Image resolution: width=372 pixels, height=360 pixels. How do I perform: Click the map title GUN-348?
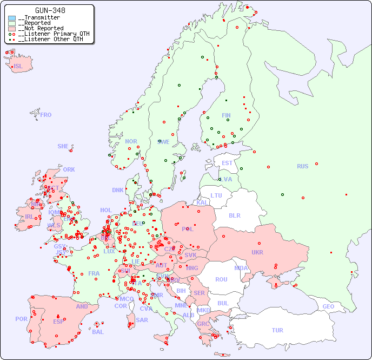pos(50,11)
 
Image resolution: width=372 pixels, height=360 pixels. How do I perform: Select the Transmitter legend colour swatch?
pos(12,18)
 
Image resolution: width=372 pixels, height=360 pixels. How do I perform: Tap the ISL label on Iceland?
pos(18,67)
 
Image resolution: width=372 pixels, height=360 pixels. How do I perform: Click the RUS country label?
pos(302,166)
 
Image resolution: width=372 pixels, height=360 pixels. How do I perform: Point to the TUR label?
pos(277,330)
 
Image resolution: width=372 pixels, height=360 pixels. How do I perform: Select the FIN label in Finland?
pos(226,115)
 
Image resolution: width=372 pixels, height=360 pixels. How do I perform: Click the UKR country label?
pos(257,252)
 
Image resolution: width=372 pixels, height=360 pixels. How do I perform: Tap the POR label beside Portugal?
pos(21,319)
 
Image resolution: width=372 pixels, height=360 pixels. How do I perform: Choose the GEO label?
pos(328,306)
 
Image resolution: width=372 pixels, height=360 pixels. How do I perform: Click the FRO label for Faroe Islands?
pos(46,115)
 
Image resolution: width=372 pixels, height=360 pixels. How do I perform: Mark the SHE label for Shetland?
pos(63,146)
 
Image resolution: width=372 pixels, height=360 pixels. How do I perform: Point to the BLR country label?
pos(235,215)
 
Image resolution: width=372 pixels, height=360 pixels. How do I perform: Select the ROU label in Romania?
pos(221,279)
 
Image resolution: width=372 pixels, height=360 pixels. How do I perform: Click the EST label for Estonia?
pos(227,163)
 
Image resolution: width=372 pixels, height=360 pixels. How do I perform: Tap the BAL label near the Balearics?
pos(98,332)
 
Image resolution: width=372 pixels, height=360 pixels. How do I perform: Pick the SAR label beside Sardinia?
pos(142,320)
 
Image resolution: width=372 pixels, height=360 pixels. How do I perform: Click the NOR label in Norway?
pos(131,141)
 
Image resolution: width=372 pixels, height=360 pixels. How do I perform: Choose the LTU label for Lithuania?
pos(216,195)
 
